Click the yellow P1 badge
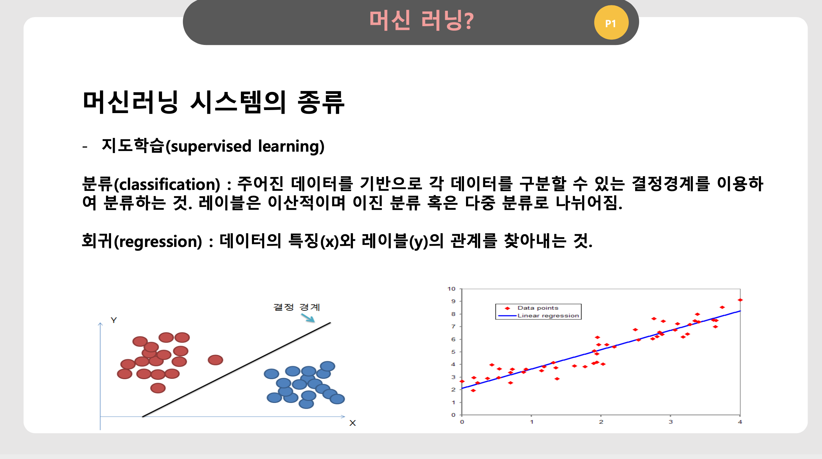pos(611,22)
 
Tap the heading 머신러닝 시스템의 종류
pos(213,102)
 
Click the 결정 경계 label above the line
pos(297,307)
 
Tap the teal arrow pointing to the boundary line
pos(308,318)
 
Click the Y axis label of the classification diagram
pos(114,320)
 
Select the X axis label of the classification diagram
pos(352,423)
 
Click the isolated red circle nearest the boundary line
pos(215,360)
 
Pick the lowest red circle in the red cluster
pos(158,388)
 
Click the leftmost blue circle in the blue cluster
pos(271,374)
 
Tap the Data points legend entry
pos(532,308)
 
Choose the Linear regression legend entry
pos(538,316)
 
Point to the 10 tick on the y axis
pos(451,289)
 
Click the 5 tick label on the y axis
pos(453,352)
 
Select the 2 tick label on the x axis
pos(601,422)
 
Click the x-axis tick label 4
pos(740,422)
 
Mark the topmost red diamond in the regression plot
pos(740,300)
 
